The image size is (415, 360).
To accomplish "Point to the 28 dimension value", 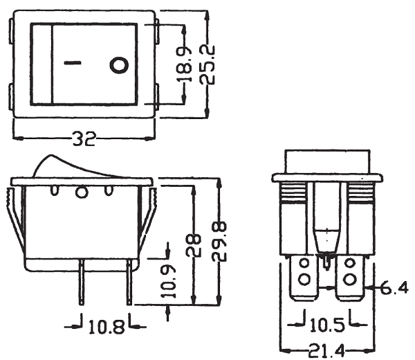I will (194, 245).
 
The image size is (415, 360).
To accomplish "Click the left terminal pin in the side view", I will (82, 282).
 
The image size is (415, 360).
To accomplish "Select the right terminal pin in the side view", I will (129, 282).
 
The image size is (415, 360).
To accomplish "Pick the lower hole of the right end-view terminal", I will (349, 280).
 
